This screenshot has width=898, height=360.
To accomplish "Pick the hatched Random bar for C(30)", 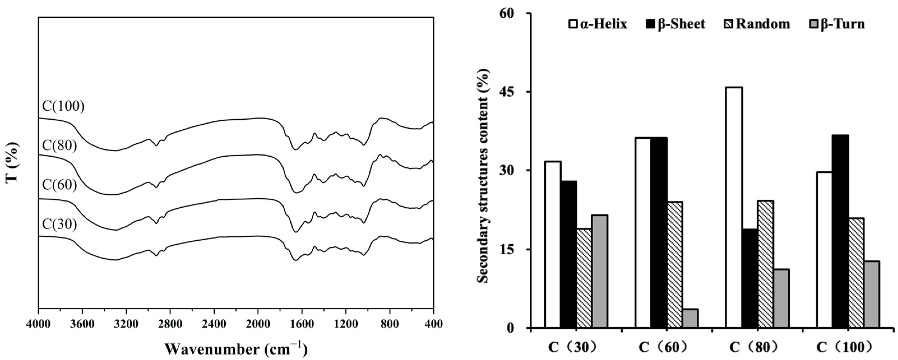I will point(584,278).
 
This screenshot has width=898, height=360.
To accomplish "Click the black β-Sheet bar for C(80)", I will point(749,278).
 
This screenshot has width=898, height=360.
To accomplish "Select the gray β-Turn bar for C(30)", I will point(600,271).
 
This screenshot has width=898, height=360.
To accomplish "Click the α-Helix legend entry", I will point(599,24).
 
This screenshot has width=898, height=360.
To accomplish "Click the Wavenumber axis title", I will point(236,349).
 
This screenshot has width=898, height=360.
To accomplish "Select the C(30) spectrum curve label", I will point(59,224).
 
